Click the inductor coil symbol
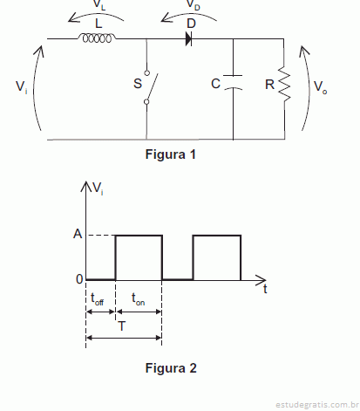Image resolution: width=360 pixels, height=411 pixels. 97,38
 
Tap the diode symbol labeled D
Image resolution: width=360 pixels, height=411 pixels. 188,38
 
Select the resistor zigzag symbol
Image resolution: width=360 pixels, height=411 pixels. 284,84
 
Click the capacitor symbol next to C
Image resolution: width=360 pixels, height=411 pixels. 233,82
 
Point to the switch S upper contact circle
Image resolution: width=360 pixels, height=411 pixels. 147,72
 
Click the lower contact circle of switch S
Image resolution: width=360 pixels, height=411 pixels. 146,101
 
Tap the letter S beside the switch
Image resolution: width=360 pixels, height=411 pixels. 138,84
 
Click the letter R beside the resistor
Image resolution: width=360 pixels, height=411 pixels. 269,85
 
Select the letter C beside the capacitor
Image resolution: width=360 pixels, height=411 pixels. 216,84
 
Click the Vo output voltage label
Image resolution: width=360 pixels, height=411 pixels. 321,86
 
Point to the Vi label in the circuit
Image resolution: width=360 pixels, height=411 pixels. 22,87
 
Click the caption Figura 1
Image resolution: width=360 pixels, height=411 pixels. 171,154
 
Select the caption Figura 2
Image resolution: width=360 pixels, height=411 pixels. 171,368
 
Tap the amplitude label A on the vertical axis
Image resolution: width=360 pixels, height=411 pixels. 78,234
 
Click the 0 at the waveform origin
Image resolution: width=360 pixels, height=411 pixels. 79,279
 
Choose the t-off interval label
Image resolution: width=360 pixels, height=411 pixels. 97,299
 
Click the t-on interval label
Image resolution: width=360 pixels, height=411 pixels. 138,299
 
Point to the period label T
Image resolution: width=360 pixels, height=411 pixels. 122,326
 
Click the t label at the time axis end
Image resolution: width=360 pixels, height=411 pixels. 265,289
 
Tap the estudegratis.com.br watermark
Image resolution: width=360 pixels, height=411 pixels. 317,405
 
